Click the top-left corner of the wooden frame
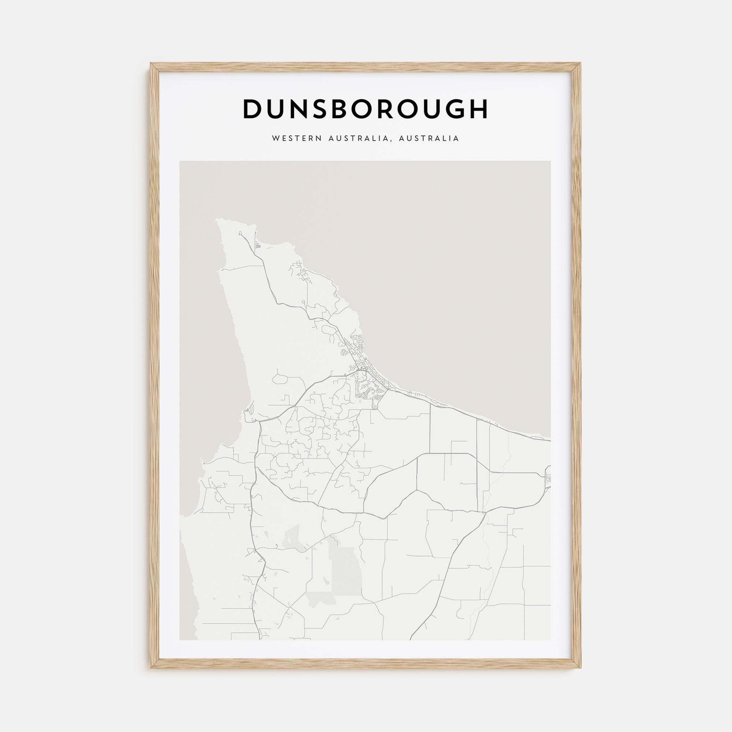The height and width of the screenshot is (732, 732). click(151, 64)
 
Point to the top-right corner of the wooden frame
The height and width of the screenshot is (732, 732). click(580, 64)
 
